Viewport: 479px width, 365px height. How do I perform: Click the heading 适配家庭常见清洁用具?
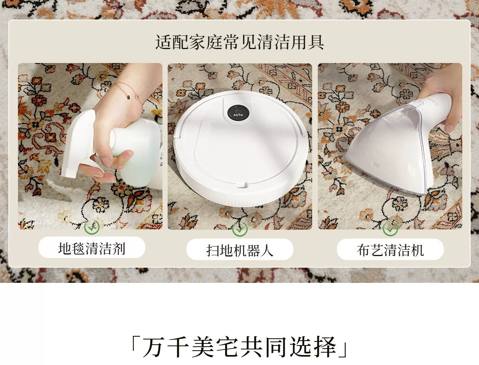(x=239, y=42)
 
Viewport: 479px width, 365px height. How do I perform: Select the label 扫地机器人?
(x=239, y=250)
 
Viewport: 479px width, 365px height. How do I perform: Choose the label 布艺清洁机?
(x=390, y=250)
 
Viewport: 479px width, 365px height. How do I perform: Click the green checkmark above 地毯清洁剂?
(x=92, y=227)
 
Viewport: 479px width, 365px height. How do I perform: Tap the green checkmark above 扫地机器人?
(x=239, y=229)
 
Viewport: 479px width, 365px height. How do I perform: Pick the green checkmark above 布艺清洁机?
(x=390, y=229)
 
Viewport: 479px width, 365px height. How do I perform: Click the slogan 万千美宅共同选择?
(x=239, y=347)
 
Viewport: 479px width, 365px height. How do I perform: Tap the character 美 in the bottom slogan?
(x=202, y=347)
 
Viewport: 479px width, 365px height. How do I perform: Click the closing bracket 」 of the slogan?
(x=342, y=351)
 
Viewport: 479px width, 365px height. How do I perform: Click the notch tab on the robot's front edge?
(x=243, y=185)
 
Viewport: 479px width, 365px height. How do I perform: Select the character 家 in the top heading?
(x=198, y=42)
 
